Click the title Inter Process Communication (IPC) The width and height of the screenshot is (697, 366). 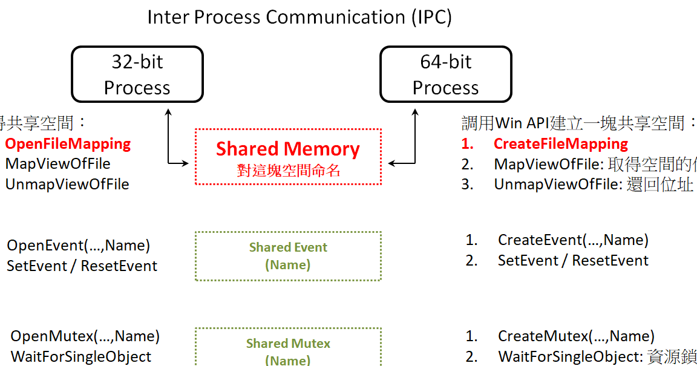299,16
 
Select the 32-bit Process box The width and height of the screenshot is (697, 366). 137,75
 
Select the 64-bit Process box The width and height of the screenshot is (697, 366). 446,75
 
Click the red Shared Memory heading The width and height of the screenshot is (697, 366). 288,149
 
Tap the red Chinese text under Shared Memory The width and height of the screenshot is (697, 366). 288,171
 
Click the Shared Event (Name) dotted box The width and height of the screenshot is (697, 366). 288,256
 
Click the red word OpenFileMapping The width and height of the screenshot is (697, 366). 68,144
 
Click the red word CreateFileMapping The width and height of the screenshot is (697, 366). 561,144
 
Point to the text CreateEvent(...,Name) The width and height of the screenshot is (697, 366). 573,240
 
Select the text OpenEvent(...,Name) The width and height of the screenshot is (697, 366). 79,246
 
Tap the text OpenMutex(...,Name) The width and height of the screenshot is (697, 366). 85,336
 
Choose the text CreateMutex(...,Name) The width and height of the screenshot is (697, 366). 576,336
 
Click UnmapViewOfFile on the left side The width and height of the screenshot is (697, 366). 67,184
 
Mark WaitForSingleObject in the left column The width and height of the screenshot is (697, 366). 81,357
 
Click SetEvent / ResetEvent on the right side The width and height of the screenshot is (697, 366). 573,261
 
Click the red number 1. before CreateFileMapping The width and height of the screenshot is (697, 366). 466,144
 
